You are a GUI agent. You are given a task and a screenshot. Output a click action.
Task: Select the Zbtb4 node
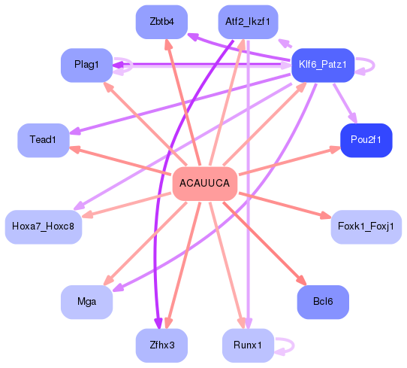(161, 22)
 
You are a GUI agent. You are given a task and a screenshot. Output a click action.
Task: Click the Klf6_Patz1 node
(322, 65)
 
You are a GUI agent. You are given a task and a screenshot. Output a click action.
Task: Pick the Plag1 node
(86, 65)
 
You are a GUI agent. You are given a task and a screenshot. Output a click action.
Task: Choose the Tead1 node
(43, 140)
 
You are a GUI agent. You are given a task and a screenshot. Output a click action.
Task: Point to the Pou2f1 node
(366, 140)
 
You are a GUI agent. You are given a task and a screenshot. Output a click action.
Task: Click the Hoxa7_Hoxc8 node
(43, 227)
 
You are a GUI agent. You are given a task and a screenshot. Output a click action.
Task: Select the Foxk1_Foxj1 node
(366, 227)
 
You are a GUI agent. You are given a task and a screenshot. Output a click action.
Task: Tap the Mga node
(86, 302)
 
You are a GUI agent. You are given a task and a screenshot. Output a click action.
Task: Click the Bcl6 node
(322, 302)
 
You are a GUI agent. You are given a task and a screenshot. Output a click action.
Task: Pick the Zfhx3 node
(161, 345)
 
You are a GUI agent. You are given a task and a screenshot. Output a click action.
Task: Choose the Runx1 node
(248, 345)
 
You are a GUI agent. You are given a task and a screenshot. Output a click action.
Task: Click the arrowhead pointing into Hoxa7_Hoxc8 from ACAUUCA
(86, 217)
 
